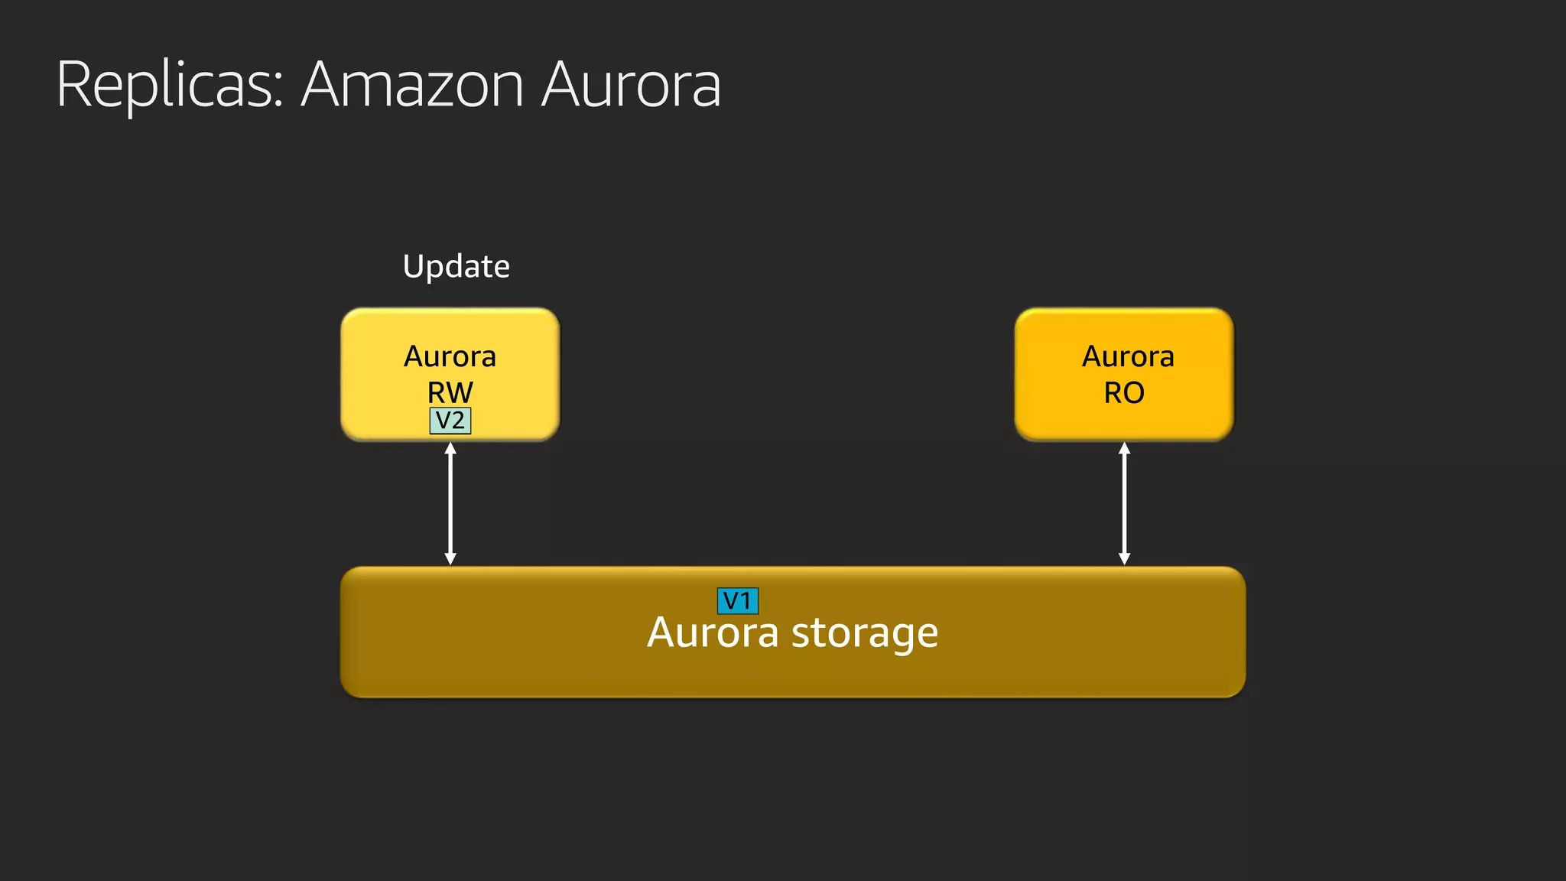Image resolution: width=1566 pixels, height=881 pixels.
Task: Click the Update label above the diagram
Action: click(456, 266)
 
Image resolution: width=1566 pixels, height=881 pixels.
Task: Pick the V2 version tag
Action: click(450, 421)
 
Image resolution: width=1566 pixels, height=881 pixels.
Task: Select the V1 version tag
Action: click(738, 601)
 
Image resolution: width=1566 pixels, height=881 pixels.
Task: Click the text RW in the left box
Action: click(450, 392)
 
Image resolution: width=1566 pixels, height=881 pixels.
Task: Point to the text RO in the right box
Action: click(1124, 392)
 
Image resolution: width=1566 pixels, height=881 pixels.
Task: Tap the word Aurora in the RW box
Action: click(450, 356)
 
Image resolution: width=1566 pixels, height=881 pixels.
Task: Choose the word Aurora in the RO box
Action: click(1128, 356)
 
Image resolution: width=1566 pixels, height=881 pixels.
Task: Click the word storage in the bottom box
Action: click(864, 633)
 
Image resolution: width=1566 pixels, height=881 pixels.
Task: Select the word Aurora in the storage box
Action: click(713, 633)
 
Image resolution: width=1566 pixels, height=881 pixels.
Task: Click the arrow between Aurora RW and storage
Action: click(450, 503)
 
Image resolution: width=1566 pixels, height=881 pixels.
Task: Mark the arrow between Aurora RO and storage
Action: click(1124, 503)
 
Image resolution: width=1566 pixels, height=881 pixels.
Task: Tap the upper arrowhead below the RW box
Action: click(450, 448)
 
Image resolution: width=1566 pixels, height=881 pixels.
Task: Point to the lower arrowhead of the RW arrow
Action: click(450, 559)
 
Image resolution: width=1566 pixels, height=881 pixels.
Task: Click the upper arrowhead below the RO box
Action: click(1124, 448)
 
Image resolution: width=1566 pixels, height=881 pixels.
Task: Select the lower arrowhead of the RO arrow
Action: click(1124, 559)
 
